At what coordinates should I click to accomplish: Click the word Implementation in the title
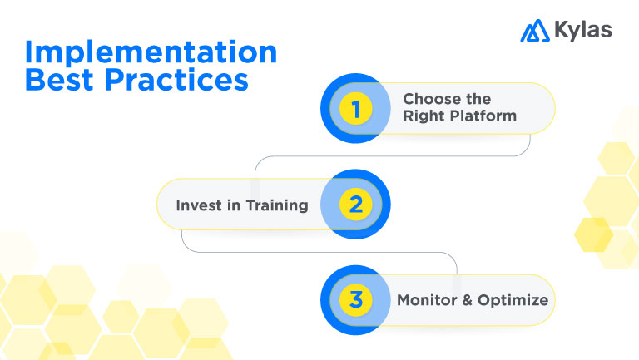[151, 52]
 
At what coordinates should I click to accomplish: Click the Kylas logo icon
[534, 31]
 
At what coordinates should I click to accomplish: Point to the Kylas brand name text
[582, 31]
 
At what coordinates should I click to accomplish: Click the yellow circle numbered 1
[356, 108]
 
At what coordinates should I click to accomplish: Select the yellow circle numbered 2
[355, 204]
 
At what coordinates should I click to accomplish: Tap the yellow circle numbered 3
[356, 299]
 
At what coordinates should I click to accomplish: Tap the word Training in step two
[279, 205]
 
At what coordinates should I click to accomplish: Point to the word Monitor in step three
[428, 300]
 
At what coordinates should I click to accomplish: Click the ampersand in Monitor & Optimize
[467, 300]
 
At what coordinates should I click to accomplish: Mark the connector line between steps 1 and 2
[391, 156]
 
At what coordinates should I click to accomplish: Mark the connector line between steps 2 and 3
[316, 252]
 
